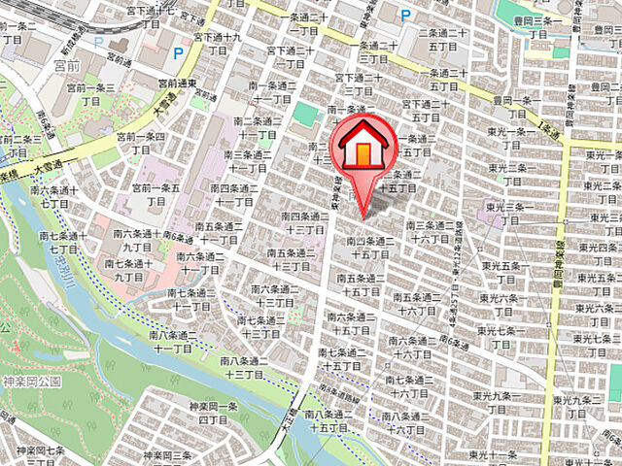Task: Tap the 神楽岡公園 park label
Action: [31, 383]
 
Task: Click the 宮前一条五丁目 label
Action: [156, 193]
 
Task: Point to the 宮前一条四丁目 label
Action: [141, 145]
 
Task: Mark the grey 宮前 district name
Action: [67, 67]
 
